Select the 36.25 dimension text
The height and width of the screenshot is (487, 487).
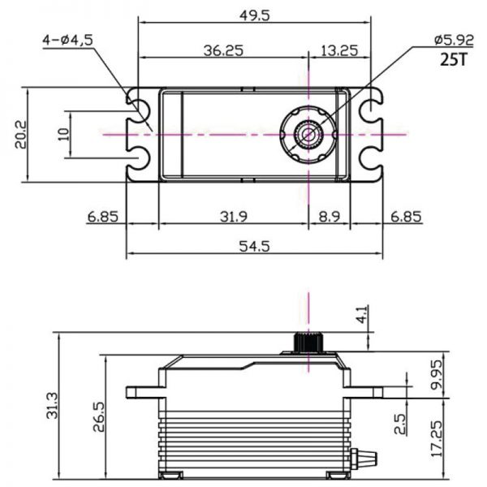[222, 50]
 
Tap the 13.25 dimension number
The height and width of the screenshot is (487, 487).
[339, 50]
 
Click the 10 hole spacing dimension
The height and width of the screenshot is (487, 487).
[64, 133]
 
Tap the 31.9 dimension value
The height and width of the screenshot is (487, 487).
[233, 217]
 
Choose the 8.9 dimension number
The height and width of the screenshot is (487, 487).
[329, 217]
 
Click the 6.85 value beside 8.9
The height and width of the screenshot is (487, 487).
[406, 217]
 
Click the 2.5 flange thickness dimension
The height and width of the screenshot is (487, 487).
[401, 425]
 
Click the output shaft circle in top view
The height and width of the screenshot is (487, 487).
[308, 131]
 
